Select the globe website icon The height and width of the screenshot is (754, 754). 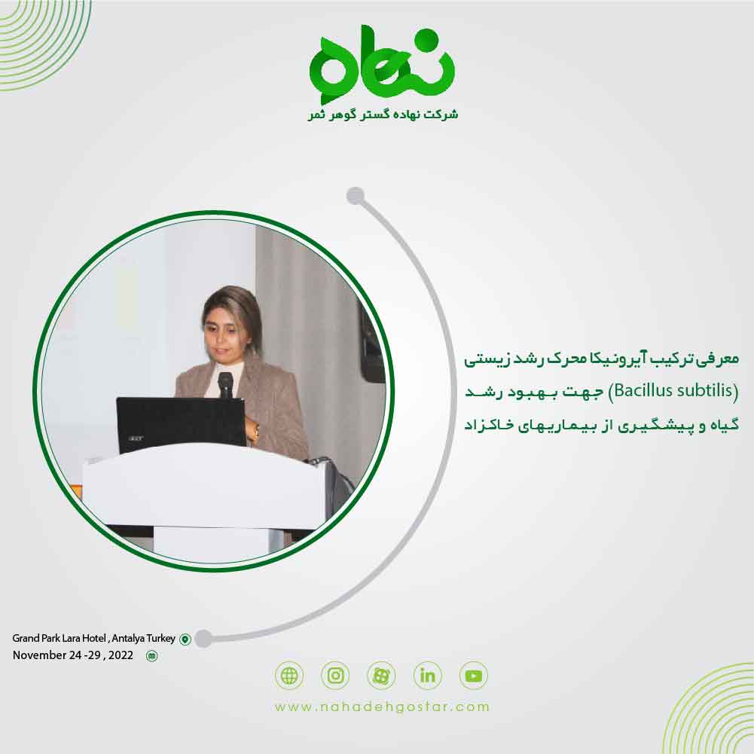(x=289, y=676)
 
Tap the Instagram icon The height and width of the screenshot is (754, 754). (x=335, y=676)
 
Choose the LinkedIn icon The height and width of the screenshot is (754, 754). (x=428, y=676)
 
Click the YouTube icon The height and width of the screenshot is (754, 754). (x=474, y=676)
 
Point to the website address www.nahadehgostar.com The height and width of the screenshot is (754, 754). (x=382, y=707)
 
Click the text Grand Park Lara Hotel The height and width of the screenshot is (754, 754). (x=59, y=639)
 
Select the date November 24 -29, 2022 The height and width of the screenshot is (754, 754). (x=72, y=655)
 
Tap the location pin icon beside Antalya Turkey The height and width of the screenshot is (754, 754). (x=185, y=640)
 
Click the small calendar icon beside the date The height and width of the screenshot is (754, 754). (x=151, y=656)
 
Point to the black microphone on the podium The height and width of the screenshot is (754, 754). (x=225, y=383)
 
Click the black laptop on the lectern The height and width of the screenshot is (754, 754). (x=181, y=424)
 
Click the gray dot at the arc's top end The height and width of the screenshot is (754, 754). (x=356, y=197)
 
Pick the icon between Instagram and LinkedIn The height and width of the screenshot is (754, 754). (x=381, y=676)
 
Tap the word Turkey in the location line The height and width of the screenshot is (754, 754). (x=159, y=639)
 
